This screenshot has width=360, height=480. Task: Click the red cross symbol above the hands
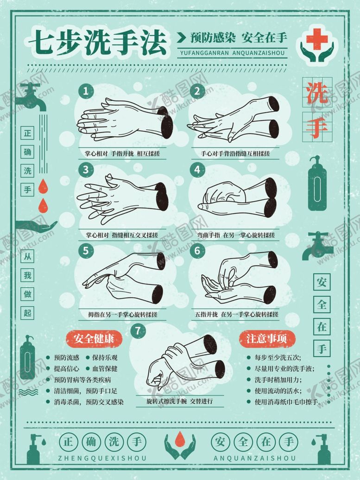pyautogui.click(x=316, y=38)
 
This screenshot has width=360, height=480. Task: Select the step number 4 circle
pyautogui.click(x=197, y=170)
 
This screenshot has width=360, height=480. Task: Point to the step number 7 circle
pyautogui.click(x=138, y=331)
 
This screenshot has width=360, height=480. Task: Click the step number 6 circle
pyautogui.click(x=197, y=251)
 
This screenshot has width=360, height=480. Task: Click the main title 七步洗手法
pyautogui.click(x=97, y=43)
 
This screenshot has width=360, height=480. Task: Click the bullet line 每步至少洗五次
pyautogui.click(x=278, y=357)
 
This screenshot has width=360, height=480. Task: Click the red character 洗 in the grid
pyautogui.click(x=317, y=93)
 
